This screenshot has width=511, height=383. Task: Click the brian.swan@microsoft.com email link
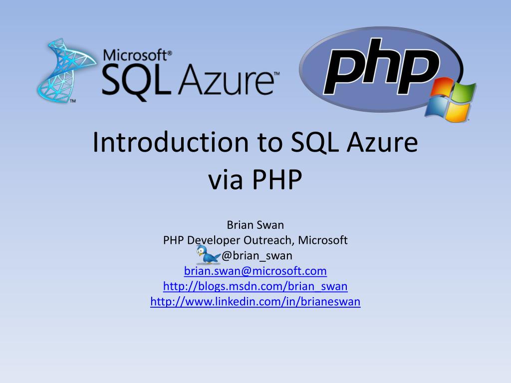255,271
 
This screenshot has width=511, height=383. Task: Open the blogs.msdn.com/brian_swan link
255,286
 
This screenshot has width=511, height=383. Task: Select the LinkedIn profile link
255,302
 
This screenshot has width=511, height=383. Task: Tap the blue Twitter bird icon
208,254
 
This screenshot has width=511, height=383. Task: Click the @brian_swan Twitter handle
257,256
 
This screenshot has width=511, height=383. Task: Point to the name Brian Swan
255,225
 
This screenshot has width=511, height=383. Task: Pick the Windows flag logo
450,100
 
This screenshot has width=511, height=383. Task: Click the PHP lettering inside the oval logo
381,67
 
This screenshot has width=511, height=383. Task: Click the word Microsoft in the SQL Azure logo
135,55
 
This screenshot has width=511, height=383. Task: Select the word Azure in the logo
226,80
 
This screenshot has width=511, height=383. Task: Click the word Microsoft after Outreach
323,240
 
